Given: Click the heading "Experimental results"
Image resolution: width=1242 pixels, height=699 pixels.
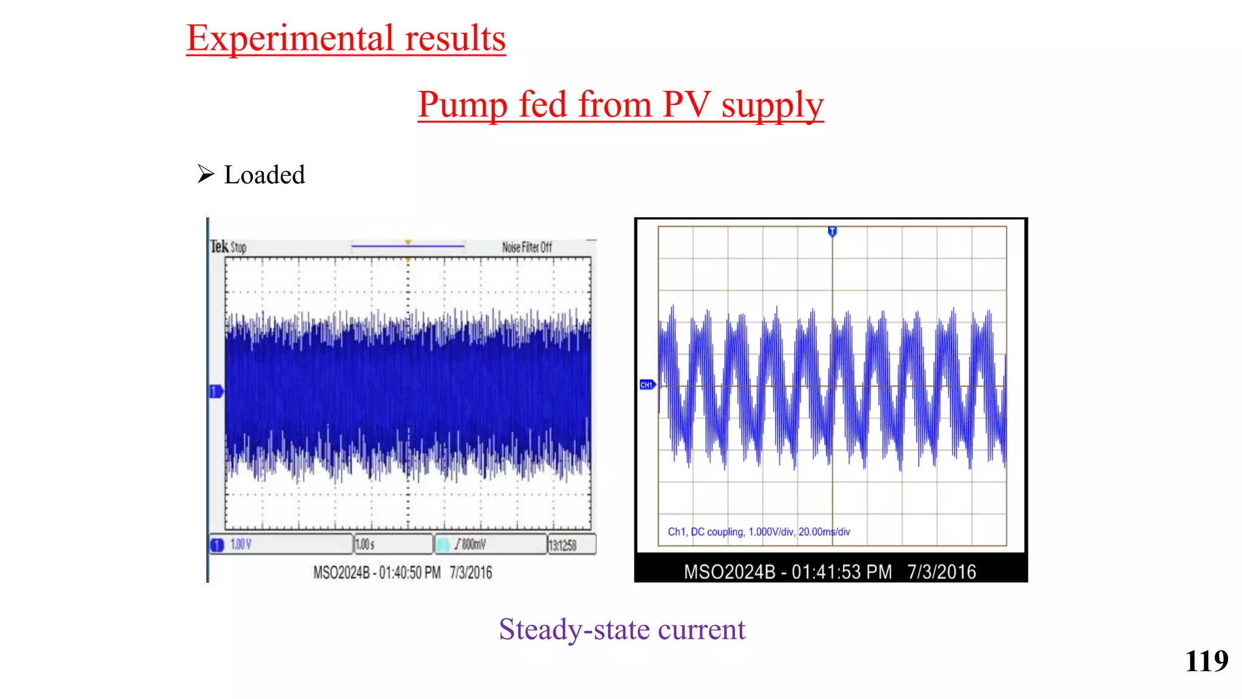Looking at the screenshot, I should (346, 38).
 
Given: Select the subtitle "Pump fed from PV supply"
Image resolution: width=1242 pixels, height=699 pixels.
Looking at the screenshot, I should (620, 104).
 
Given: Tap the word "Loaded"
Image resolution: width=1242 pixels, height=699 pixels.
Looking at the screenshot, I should (264, 175).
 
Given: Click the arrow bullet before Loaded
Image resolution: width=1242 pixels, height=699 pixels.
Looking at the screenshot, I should (206, 174).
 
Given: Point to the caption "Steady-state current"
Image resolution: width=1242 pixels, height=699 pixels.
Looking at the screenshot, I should (622, 629).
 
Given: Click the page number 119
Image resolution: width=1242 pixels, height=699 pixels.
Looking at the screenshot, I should (1206, 661).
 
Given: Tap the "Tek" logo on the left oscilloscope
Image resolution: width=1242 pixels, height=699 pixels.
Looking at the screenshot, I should (219, 246).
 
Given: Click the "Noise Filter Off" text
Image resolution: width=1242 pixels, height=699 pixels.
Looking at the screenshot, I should (526, 247).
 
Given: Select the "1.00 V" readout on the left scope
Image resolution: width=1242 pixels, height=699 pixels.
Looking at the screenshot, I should (241, 544).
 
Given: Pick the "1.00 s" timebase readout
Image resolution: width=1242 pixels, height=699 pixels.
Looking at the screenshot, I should (365, 544).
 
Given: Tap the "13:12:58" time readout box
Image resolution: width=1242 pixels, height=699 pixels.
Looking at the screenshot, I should (563, 545).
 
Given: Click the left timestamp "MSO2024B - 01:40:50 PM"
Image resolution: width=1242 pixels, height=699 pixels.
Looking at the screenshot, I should (377, 572).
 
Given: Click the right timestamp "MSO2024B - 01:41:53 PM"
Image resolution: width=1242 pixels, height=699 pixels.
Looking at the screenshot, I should (787, 572).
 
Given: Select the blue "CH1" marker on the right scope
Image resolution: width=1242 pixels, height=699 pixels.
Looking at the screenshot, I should (647, 385).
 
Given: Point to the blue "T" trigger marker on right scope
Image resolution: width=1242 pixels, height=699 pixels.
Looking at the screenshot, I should (832, 231).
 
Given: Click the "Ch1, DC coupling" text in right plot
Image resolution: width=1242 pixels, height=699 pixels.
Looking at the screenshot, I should (705, 532).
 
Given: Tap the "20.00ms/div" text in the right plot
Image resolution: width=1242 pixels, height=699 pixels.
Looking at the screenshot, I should (824, 532).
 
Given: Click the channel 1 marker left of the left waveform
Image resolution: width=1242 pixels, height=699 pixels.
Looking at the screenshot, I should (216, 391).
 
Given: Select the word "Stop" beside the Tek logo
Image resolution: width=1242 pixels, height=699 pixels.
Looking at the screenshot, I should (238, 248).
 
